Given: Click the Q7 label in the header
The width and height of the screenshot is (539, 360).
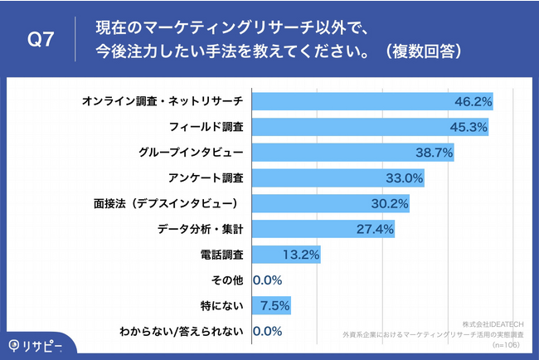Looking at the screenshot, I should tap(41, 39).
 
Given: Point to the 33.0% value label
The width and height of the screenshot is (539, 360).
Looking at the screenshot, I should tap(405, 178).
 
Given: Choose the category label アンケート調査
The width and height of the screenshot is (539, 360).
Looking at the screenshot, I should tap(205, 178).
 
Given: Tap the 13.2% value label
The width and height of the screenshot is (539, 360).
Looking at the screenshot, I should tap(300, 255).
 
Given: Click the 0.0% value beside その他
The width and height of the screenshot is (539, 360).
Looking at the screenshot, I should tap(267, 280).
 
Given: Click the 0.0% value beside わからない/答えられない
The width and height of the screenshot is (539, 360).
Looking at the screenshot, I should tap(267, 331).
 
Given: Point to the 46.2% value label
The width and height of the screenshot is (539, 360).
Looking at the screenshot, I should tap(473, 101).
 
